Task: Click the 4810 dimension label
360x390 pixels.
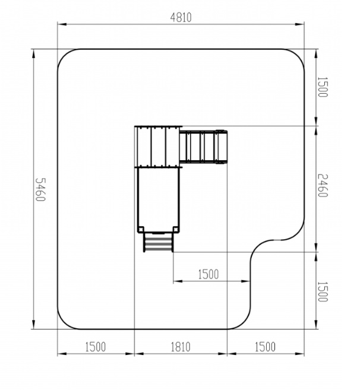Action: [181, 17]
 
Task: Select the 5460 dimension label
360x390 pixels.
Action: [40, 189]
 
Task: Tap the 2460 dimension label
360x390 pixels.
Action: [323, 186]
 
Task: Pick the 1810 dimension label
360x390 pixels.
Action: [181, 347]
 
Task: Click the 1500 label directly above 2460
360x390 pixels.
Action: [323, 87]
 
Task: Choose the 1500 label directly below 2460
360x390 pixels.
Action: [323, 291]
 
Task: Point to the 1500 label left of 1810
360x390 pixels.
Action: [96, 347]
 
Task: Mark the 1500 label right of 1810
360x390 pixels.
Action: [266, 347]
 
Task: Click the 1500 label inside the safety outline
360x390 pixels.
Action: [209, 274]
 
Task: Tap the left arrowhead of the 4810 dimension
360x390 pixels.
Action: [62, 24]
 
